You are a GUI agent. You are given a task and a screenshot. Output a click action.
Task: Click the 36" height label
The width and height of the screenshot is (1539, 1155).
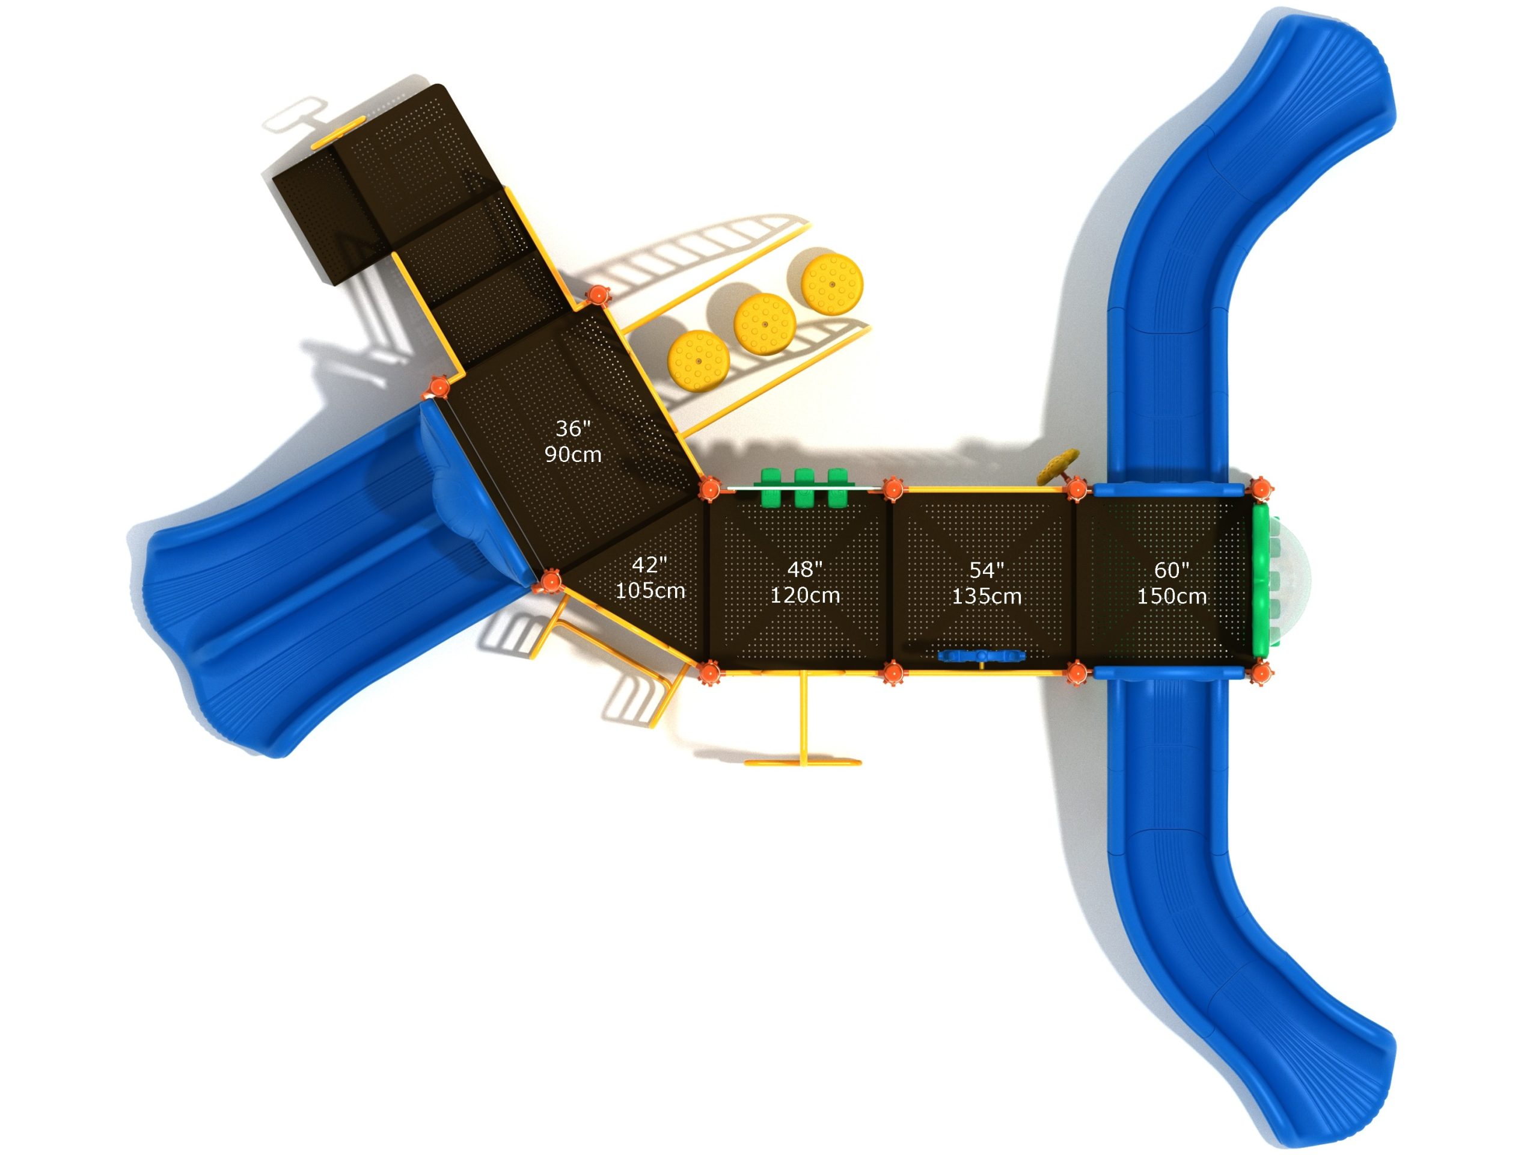coord(572,428)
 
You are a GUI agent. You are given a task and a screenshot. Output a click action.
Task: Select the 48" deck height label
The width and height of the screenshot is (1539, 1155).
coord(805,570)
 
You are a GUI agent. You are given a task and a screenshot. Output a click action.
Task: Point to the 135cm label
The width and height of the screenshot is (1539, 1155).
coord(987,597)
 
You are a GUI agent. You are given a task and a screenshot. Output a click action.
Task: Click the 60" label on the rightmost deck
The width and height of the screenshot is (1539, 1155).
coord(1172,570)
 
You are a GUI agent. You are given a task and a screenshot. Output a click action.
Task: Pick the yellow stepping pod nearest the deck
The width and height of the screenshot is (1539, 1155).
coord(698,360)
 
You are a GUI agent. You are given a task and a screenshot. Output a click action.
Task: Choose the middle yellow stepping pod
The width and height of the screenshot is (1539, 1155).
coord(765,324)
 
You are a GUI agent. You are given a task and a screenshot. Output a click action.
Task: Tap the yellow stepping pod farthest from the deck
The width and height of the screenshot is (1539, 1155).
coord(832,284)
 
